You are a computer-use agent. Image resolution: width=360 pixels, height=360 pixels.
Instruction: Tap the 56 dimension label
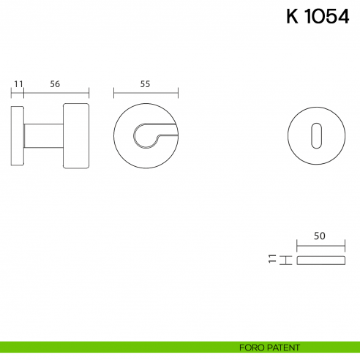point(55,83)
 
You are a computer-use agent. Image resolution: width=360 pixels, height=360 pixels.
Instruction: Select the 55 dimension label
point(145,83)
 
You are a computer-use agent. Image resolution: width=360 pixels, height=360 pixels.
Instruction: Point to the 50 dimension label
point(319,236)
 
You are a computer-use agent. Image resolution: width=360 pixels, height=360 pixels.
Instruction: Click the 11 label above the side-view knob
point(18,83)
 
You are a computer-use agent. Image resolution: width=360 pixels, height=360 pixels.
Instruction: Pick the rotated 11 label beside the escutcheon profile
point(272,260)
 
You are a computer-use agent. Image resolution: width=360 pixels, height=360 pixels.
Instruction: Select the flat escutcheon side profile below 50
point(320,260)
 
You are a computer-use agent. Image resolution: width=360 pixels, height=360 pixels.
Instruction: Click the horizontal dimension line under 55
point(146,93)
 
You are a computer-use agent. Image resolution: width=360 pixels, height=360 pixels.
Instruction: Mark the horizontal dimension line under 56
point(56,93)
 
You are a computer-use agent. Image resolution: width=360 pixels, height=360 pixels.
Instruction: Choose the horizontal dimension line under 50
point(320,246)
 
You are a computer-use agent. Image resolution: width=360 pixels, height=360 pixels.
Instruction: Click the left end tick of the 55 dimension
point(113,93)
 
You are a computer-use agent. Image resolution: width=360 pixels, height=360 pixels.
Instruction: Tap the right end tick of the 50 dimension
point(344,246)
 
